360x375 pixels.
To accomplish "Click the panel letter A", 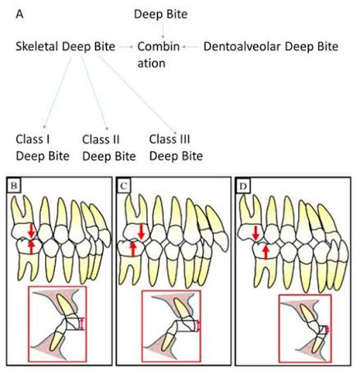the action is pos(20,14).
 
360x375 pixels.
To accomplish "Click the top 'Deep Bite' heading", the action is pos(161,14).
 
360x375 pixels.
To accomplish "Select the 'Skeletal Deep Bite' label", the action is pos(66,47).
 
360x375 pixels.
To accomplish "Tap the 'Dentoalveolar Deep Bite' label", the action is pos(271,47).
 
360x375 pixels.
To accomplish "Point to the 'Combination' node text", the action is pos(159,55).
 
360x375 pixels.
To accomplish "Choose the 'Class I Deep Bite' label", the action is pos(43,148).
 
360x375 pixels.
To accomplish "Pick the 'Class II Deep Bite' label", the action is pos(109,148).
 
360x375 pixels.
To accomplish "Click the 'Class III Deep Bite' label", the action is pos(176,148).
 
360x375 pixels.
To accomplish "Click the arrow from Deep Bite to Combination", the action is pos(163,30).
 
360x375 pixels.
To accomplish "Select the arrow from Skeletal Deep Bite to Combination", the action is pos(126,47).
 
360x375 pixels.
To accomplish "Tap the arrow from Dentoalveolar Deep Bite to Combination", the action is pos(191,47).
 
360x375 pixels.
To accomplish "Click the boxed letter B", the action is pos(14,186).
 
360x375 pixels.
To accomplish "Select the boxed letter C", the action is pos(123,186).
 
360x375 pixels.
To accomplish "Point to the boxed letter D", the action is pos(243,186).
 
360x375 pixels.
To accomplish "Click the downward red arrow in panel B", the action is pos(31,231).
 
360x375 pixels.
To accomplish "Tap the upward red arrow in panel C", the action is pos(133,248).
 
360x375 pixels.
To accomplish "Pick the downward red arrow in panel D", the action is pos(256,234).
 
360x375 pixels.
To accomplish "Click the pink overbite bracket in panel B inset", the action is pos(81,323).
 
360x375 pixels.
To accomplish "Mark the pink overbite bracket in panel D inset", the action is pos(326,330).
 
